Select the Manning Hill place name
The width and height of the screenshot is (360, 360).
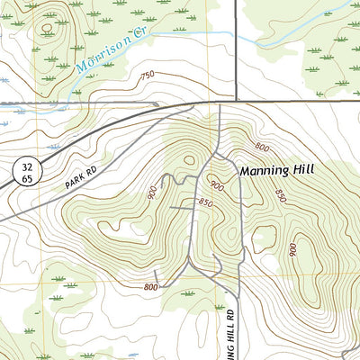[x=276, y=169]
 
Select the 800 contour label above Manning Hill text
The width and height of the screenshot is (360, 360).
[x=261, y=147]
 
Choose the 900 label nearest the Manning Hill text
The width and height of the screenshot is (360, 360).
[x=217, y=184]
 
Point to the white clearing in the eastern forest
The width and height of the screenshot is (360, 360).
[x=264, y=238]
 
